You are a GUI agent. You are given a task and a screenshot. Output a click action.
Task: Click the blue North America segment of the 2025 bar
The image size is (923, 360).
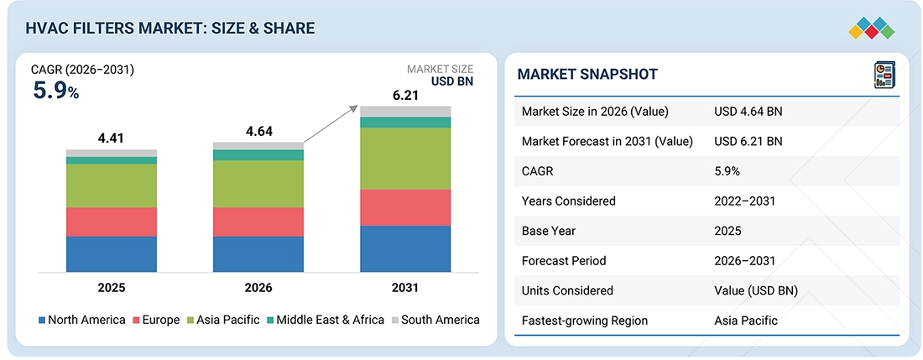point(112,254)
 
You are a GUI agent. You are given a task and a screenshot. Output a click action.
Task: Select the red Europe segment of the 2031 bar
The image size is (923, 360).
point(405,207)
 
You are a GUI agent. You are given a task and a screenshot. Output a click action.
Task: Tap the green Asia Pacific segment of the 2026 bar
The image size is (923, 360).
point(258,184)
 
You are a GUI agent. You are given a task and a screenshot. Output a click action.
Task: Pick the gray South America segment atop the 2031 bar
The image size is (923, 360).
point(405,111)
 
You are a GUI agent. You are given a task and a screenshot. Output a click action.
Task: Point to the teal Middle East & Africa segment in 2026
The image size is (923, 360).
point(258,155)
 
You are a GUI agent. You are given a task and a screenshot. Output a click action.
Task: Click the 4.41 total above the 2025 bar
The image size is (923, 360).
point(112,138)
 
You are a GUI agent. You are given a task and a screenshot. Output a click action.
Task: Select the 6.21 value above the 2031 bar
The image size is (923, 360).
point(405,95)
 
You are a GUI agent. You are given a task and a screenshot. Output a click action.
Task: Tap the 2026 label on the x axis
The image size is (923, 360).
point(258,288)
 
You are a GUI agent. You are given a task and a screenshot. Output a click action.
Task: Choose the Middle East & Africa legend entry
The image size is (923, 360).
point(325,321)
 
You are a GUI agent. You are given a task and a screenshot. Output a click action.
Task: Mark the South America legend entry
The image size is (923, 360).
point(435,321)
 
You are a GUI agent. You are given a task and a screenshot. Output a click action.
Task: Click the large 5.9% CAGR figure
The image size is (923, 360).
point(55,91)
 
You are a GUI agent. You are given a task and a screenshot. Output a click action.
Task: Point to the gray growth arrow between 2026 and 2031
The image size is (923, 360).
point(331,125)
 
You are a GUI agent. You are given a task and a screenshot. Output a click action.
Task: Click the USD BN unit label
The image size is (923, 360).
point(452,81)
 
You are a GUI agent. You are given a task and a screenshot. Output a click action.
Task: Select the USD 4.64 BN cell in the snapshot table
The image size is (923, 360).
point(748,111)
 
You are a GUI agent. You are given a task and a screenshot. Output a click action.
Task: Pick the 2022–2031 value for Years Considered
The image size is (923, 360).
point(744,201)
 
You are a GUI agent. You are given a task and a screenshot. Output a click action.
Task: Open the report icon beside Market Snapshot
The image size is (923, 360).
point(884,76)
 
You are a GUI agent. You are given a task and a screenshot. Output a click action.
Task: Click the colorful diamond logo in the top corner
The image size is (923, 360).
point(872,29)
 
